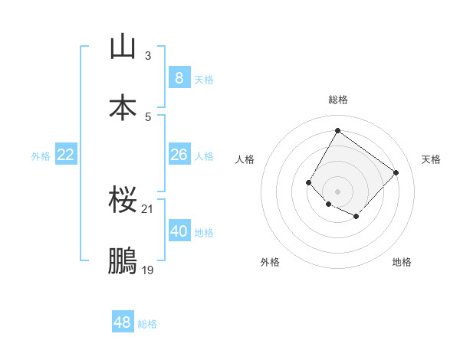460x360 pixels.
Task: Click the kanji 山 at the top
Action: point(123,47)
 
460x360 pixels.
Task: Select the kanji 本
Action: point(123,107)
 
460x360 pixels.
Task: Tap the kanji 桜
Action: point(123,201)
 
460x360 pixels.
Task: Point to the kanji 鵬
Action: point(123,261)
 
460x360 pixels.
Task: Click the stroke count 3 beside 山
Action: point(148,56)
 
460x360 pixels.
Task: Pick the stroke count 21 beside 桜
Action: point(148,209)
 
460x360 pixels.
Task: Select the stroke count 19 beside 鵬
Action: point(148,270)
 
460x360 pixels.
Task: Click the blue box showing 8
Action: point(179,77)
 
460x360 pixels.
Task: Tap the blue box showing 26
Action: point(179,155)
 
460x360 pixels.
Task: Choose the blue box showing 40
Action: point(179,231)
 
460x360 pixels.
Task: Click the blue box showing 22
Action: point(66,155)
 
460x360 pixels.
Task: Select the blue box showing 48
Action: point(122,322)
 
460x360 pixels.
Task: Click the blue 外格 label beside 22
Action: point(41,156)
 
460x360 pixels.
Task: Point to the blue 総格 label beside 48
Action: point(147,324)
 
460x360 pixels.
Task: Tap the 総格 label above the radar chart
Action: point(338,100)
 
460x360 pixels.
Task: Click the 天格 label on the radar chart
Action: point(431,159)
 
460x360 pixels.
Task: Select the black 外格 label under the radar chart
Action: point(270,262)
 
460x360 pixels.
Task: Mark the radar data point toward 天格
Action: point(396,172)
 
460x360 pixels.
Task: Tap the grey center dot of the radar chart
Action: point(337,191)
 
